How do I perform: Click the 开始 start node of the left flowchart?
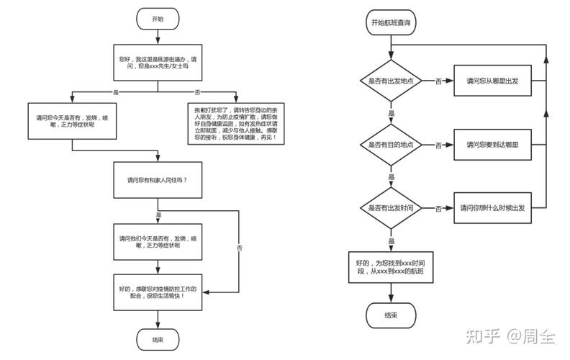coord(158,19)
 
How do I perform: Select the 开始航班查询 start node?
coord(391,22)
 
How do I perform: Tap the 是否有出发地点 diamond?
coord(391,81)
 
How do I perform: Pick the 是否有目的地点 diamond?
coord(391,145)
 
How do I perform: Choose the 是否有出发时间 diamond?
coord(391,208)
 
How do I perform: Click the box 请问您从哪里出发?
coord(492,81)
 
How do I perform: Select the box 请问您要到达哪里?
coord(492,145)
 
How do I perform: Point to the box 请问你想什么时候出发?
coord(492,208)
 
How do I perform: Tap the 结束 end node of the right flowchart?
coord(391,315)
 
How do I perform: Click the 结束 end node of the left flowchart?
coord(158,340)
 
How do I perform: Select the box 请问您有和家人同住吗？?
coord(158,180)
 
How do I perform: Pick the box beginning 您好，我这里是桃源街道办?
coord(158,63)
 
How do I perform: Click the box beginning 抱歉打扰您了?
coord(236,124)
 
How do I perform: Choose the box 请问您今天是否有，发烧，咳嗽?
coord(73,121)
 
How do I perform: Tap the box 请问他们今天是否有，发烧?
coord(158,242)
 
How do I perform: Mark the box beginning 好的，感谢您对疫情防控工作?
coord(158,292)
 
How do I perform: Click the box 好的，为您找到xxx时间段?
coord(391,267)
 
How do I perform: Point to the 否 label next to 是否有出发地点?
coord(438,81)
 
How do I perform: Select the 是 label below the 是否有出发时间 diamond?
coord(391,241)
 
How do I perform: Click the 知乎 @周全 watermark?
coord(510,336)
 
